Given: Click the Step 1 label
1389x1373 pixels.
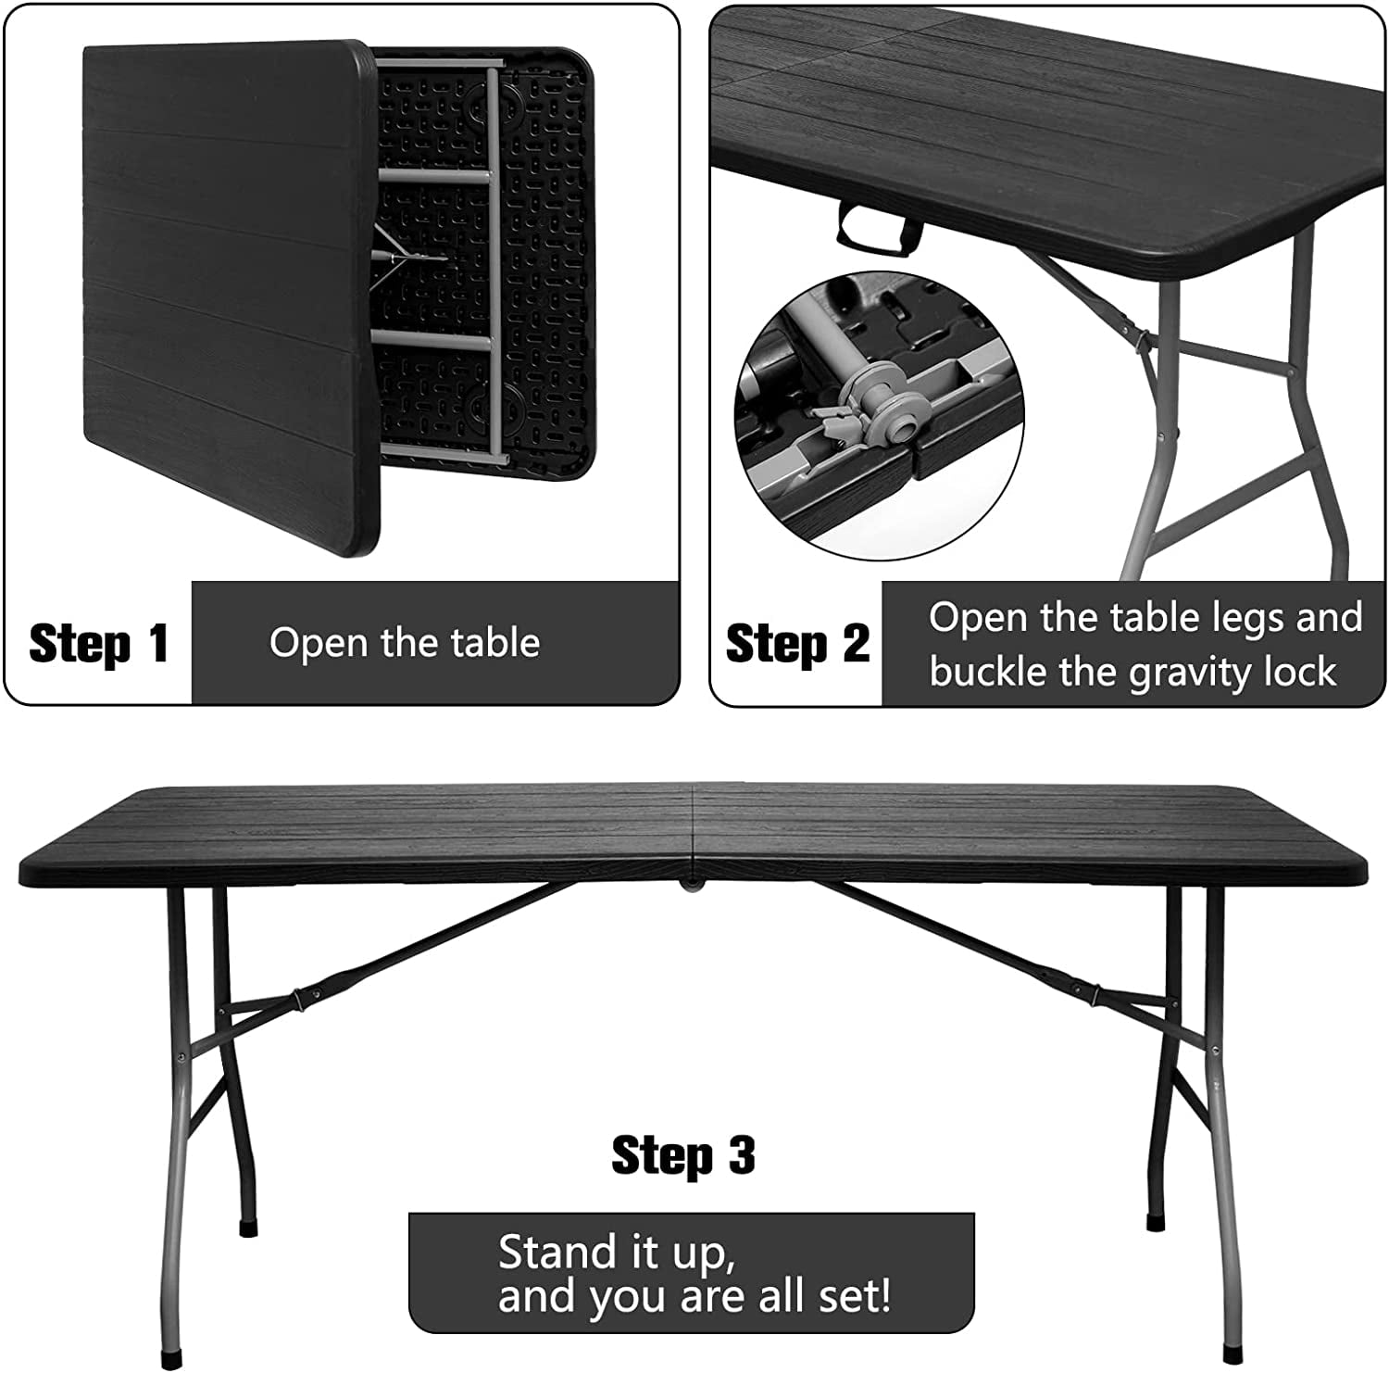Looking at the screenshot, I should tap(98, 643).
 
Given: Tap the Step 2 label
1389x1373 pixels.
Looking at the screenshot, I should tap(796, 643).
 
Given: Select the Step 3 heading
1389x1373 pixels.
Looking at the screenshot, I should tap(683, 1155).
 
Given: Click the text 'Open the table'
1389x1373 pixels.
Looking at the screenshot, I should tap(404, 643).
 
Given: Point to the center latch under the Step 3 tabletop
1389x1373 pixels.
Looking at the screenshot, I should tap(691, 886).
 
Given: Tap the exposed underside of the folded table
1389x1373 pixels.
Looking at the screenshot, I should tap(482, 259).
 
